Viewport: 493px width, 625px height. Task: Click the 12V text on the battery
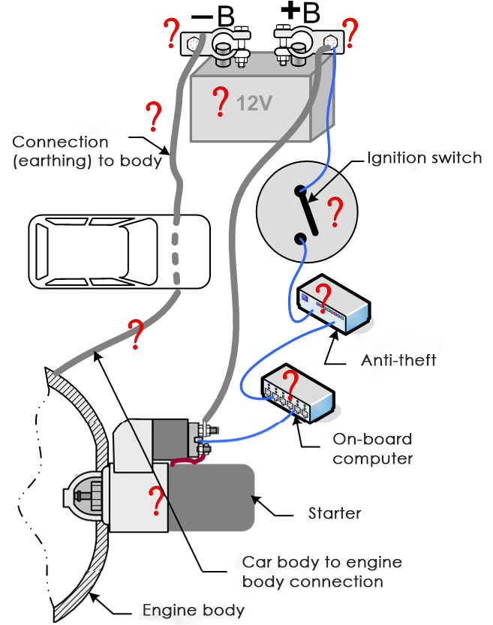point(254,103)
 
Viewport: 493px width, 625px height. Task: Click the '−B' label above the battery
point(212,15)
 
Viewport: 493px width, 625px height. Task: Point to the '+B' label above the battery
point(299,14)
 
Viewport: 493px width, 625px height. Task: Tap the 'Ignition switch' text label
point(424,158)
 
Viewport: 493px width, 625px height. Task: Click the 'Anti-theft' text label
point(398,361)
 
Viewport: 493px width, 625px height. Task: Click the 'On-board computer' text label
point(372,448)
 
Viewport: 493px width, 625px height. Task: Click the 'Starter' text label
point(335,514)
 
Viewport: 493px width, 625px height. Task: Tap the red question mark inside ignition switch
point(335,213)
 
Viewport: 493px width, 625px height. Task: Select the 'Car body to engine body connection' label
point(321,572)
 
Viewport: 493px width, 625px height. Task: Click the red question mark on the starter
point(156,501)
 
